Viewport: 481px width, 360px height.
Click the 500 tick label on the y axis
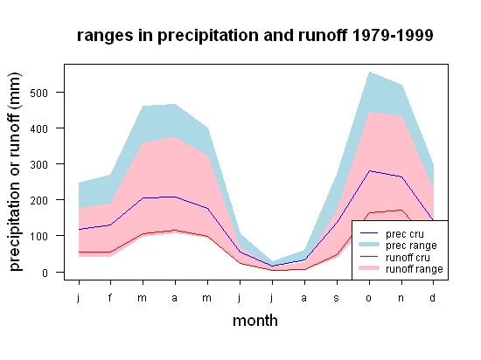click(39, 93)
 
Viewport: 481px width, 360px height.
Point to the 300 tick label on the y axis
click(39, 164)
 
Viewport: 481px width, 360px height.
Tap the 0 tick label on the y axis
click(45, 273)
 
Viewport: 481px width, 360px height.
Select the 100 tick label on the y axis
click(39, 236)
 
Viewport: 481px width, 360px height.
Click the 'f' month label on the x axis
click(110, 297)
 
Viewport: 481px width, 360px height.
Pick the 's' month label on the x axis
click(337, 298)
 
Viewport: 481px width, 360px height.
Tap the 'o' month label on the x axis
click(369, 298)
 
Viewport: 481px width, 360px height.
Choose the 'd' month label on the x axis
click(433, 297)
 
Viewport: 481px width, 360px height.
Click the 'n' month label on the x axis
click(401, 298)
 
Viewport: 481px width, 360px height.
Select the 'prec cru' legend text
click(405, 234)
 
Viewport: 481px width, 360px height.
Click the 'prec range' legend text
click(411, 246)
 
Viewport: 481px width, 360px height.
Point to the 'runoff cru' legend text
click(408, 258)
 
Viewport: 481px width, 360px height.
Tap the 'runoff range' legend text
click(415, 269)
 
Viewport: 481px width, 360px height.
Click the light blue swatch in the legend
click(369, 245)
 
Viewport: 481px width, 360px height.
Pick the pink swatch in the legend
click(369, 268)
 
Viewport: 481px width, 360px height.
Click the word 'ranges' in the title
click(105, 36)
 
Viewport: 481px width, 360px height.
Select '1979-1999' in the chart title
click(393, 35)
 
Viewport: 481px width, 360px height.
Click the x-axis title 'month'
click(255, 321)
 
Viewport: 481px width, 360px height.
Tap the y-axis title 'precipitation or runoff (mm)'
click(15, 171)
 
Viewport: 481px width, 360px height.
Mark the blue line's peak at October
click(370, 170)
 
